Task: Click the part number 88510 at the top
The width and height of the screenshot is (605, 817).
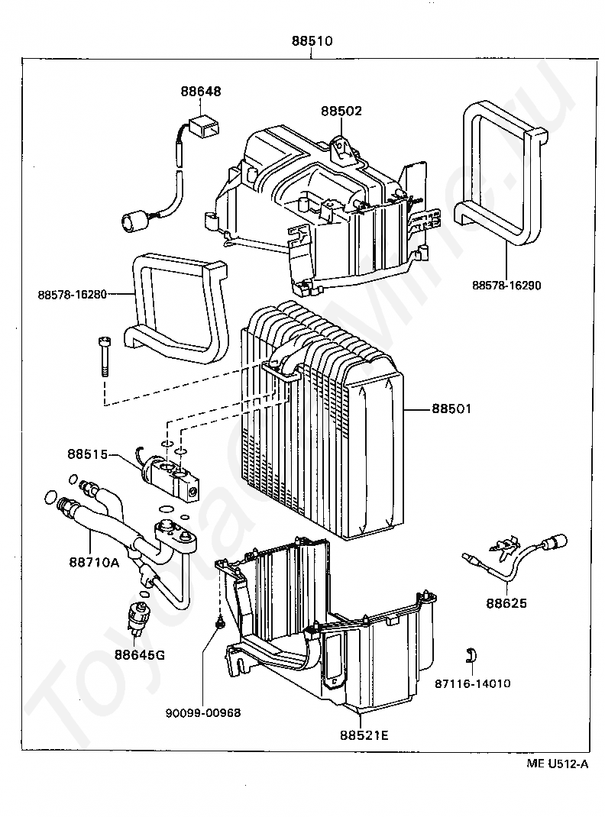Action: [x=311, y=40]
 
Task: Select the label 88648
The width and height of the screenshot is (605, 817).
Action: [x=201, y=91]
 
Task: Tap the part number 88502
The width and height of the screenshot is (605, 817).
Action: [x=341, y=111]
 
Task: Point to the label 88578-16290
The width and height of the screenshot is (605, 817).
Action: [x=506, y=285]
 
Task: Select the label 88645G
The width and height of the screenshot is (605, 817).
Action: [x=140, y=654]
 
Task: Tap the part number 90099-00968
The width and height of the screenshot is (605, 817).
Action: [x=202, y=712]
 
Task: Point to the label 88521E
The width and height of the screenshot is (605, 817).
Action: [x=364, y=735]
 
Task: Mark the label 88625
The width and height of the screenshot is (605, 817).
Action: [x=506, y=603]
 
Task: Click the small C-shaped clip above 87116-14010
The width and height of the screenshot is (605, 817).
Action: [x=472, y=654]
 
